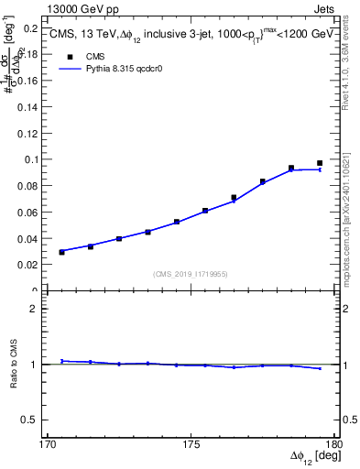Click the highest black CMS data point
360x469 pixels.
tap(320, 163)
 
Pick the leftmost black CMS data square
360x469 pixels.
tap(61, 252)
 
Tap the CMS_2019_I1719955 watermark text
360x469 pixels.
tap(191, 273)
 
